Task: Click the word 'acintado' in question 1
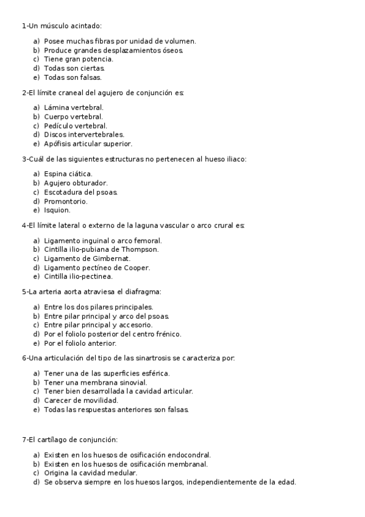point(87,26)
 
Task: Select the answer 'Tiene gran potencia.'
point(79,59)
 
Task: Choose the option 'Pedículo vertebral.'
point(75,126)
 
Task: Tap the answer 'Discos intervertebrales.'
point(84,135)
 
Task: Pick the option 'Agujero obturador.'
point(76,183)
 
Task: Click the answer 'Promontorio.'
point(66,201)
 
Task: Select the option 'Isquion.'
point(57,210)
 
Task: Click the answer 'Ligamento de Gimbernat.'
point(87,258)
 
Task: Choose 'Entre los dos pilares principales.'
point(99,307)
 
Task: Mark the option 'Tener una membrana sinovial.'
point(96,382)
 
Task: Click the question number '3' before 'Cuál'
point(24,159)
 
